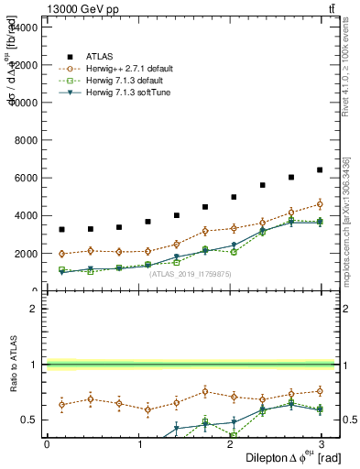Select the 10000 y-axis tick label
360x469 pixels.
[x=25, y=103]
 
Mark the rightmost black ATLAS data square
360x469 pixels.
[x=320, y=169]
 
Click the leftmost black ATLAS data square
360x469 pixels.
[x=61, y=229]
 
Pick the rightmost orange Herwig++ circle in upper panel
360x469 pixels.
[x=320, y=204]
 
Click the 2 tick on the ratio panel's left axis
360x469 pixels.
[x=35, y=309]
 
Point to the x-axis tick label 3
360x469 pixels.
[x=322, y=443]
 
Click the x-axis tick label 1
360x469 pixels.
[x=138, y=443]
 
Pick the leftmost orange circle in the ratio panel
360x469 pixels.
[x=61, y=404]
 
